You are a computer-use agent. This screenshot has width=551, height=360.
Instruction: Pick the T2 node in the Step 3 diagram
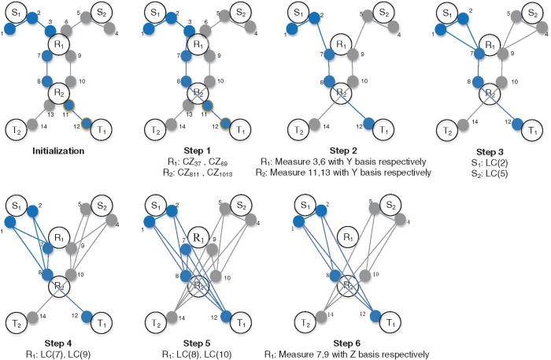coord(442,129)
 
